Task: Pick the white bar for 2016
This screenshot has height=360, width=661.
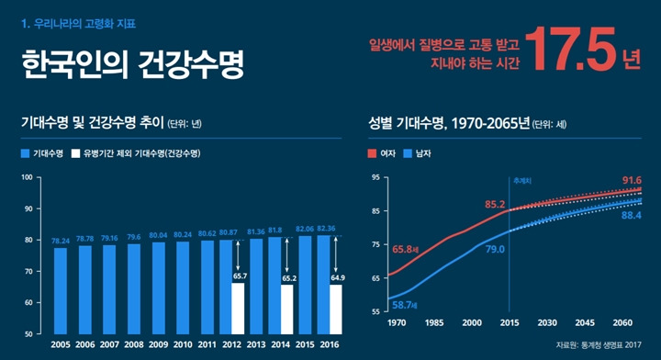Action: tap(337, 309)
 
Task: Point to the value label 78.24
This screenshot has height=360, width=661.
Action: tap(61, 241)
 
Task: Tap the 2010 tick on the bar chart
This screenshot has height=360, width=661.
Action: tap(183, 346)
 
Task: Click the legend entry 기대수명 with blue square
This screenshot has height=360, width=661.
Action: tap(41, 153)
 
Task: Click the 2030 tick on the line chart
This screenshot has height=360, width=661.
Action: tap(547, 323)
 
